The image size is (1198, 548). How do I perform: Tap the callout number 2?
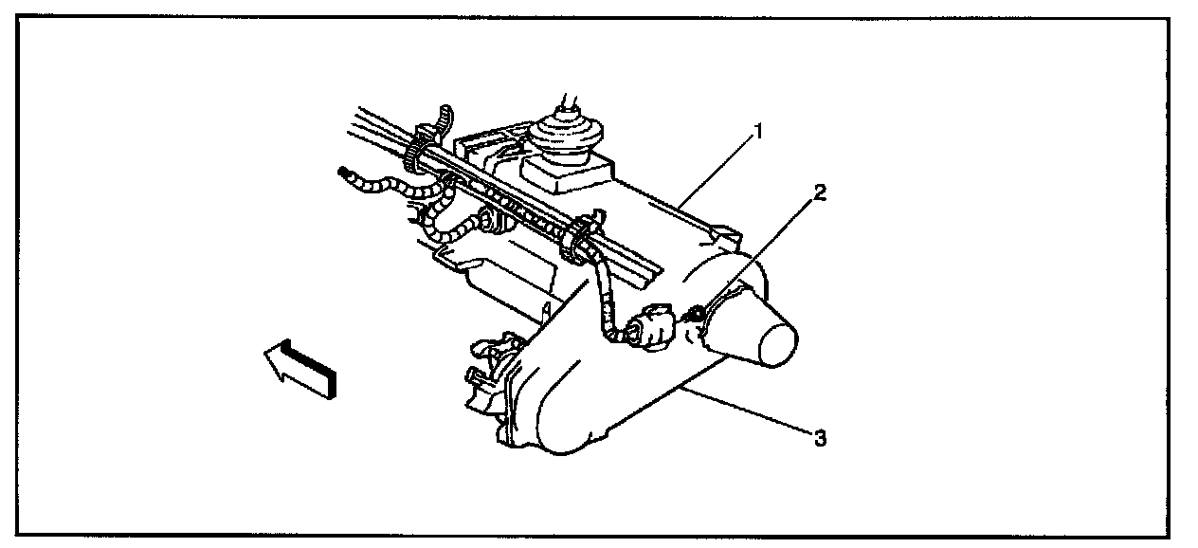[820, 193]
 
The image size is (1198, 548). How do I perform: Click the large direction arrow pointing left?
[300, 369]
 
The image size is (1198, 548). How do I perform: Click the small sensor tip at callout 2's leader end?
[698, 311]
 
